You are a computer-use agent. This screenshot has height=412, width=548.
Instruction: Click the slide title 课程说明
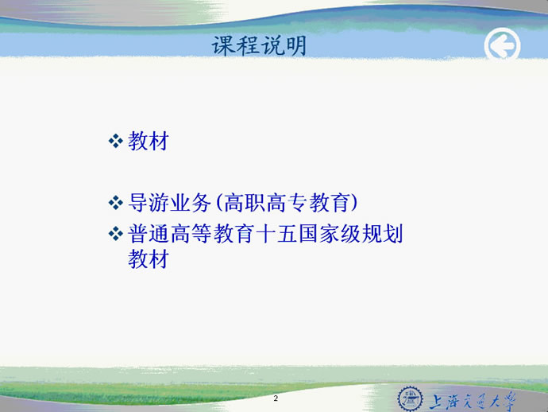(x=259, y=46)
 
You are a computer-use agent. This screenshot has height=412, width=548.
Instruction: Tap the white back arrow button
(x=502, y=45)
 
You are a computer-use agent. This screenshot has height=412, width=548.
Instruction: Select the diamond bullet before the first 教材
(x=116, y=142)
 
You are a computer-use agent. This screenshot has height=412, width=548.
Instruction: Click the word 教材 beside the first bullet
(x=149, y=141)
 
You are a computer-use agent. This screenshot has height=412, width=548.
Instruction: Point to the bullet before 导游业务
(x=116, y=203)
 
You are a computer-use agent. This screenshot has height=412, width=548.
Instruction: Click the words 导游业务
(x=169, y=203)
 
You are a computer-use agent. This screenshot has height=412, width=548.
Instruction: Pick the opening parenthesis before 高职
(x=218, y=203)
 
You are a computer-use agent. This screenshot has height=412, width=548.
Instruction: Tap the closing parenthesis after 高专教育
(x=354, y=203)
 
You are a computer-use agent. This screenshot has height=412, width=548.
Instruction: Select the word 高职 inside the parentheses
(x=245, y=203)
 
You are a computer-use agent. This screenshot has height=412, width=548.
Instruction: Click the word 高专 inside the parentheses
(x=287, y=203)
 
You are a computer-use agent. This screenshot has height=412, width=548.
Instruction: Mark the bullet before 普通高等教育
(x=116, y=234)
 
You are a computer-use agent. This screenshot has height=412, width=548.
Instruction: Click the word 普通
(x=149, y=234)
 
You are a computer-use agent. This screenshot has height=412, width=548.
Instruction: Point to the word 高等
(x=191, y=234)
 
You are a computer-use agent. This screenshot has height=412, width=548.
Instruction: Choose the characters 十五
(x=276, y=234)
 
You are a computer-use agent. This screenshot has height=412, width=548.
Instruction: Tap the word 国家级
(x=330, y=234)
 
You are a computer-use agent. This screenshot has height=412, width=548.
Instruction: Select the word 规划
(x=383, y=234)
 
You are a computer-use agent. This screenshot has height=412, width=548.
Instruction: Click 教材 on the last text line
(x=149, y=258)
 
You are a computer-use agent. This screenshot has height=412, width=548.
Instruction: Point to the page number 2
(x=276, y=398)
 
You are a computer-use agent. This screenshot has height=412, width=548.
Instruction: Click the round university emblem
(x=411, y=398)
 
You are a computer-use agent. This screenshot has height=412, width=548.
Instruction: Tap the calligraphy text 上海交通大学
(x=473, y=401)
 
